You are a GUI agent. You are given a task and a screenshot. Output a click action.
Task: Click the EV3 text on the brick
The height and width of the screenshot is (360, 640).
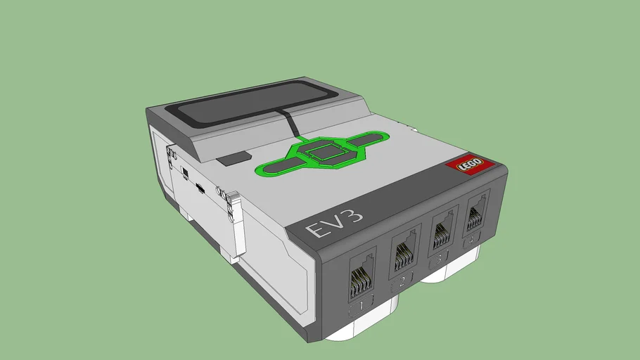[x=326, y=229]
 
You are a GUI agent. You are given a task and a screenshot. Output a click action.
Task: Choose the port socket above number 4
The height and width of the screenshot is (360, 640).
[x=475, y=213]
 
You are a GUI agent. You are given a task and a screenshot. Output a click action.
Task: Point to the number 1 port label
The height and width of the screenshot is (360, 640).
[x=360, y=308]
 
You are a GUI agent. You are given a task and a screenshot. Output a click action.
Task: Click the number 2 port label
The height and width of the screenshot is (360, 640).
[x=402, y=283]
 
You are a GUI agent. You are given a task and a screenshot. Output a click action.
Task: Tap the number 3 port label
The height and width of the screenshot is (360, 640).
[x=440, y=259]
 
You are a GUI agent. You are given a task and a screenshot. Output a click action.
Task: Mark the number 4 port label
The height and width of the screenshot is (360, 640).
[x=474, y=239]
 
